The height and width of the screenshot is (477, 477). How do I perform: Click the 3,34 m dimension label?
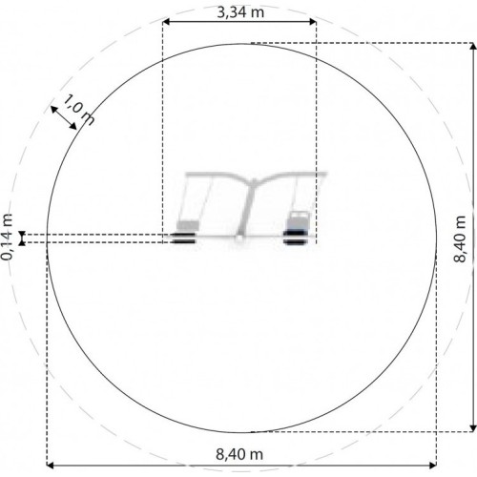click(240, 12)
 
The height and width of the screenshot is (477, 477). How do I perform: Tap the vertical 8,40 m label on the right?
click(460, 238)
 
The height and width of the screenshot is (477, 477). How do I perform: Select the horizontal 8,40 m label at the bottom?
click(239, 454)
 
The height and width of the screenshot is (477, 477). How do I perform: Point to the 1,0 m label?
click(79, 109)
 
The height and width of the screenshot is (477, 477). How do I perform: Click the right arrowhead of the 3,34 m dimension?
click(313, 22)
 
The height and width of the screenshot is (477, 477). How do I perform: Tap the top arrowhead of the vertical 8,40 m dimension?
click(473, 46)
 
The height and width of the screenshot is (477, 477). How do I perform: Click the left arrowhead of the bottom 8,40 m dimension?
click(51, 466)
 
